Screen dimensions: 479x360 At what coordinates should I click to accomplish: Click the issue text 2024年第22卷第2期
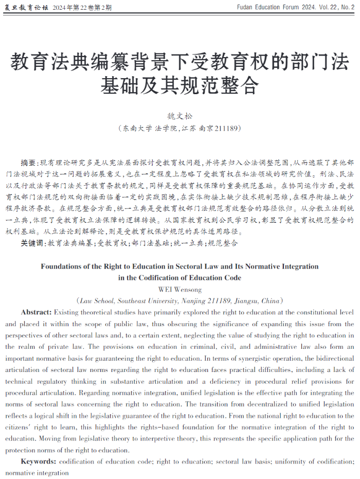(x=82, y=8)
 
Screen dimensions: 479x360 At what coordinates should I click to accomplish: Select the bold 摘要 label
(x=29, y=162)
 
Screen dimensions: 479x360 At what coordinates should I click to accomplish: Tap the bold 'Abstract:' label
(x=36, y=312)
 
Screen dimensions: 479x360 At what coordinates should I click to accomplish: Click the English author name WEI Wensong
(x=180, y=290)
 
